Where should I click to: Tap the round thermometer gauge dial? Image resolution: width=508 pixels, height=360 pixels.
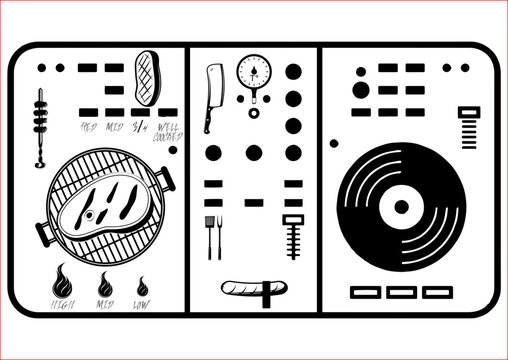tap(254, 72)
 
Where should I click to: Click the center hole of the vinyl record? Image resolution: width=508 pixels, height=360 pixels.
tap(402, 208)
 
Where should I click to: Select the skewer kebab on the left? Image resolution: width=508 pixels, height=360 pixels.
tap(40, 126)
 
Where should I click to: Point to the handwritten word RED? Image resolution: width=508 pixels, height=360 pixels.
tap(90, 127)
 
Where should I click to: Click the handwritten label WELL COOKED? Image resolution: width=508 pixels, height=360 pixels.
tap(167, 130)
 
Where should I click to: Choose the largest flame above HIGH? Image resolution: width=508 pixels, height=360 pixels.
tap(62, 279)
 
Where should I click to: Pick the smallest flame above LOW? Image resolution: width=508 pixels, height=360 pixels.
tap(144, 285)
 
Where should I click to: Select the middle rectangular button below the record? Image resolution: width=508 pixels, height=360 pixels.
tap(401, 292)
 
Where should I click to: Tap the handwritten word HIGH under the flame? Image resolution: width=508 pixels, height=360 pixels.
tap(63, 303)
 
